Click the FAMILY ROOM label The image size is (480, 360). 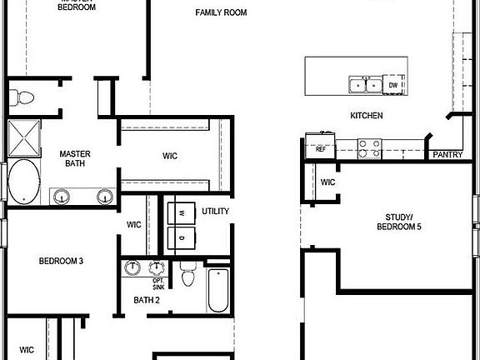[222, 12]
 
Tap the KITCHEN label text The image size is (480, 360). [366, 116]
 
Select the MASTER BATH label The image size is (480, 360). [75, 158]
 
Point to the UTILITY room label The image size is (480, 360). [215, 212]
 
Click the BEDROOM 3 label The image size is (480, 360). [61, 261]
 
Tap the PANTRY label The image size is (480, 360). [447, 155]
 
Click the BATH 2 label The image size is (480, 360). [147, 300]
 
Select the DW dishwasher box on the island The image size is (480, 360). [393, 85]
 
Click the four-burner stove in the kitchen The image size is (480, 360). [369, 148]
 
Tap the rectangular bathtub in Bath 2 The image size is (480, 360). [217, 290]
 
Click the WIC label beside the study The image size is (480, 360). [327, 182]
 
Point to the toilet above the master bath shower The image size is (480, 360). [24, 97]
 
